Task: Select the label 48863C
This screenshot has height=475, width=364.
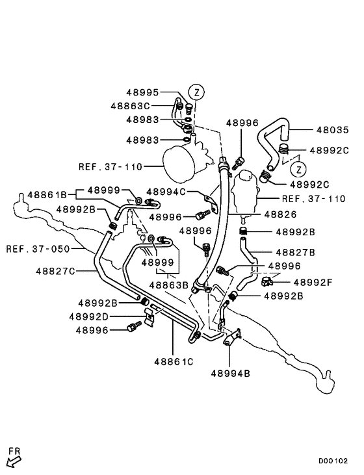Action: [x=130, y=105]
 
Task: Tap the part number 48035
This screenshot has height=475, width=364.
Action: [x=332, y=129]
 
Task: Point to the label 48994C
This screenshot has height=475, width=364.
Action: [x=166, y=192]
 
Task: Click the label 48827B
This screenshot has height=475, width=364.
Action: [x=295, y=251]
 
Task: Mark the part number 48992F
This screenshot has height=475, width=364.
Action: [x=313, y=282]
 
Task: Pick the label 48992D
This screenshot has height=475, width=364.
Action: [x=97, y=316]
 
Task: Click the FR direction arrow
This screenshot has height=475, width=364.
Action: [x=14, y=460]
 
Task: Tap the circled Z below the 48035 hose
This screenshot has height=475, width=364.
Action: [x=298, y=170]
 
